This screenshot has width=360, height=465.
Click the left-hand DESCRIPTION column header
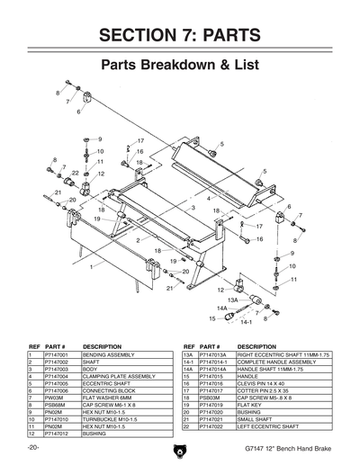click(x=102, y=346)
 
